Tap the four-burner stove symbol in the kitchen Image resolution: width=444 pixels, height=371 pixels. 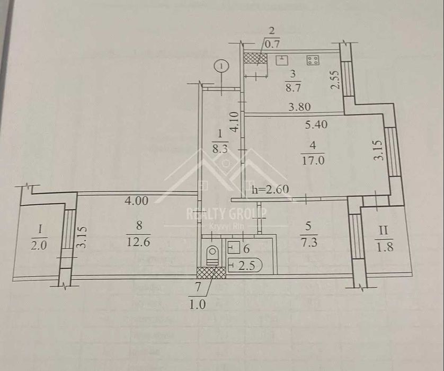click(x=313, y=60)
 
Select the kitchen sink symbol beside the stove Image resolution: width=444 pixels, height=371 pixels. click(x=283, y=59)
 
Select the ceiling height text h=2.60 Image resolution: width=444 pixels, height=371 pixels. click(x=272, y=189)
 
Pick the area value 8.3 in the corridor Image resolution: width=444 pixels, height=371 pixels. click(x=218, y=149)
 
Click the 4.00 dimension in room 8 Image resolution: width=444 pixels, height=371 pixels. click(x=136, y=200)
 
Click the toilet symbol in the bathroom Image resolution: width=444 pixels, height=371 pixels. click(x=212, y=254)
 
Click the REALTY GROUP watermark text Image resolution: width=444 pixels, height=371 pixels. click(x=226, y=213)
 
